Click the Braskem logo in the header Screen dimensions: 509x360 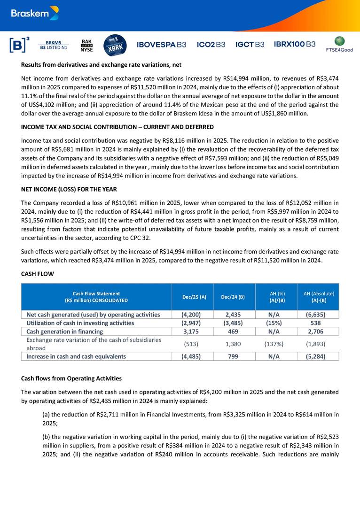coord(34,14)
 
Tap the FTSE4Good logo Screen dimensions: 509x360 coord(339,44)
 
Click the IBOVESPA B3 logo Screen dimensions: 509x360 coord(161,45)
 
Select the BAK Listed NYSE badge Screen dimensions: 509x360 coord(86,45)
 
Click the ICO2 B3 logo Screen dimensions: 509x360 coord(211,45)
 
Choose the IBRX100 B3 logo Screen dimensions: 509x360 coord(295,45)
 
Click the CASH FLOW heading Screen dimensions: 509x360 coord(38,274)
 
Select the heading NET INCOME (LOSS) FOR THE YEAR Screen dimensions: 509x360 coord(69,189)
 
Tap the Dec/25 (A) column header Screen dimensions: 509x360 coord(194,297)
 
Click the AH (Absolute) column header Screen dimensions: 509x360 coord(318,297)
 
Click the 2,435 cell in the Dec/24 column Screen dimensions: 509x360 coord(234,315)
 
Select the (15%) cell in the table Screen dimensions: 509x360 coord(276,323)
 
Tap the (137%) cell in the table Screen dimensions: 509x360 coord(276,344)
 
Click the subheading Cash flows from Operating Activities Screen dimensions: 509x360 coord(71,378)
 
